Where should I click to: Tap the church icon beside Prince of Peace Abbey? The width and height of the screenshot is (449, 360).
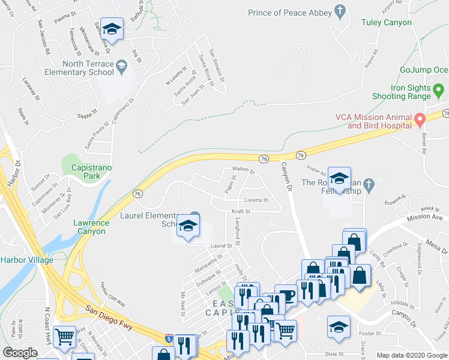pyautogui.click(x=340, y=11)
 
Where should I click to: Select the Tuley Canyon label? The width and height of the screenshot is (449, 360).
pyautogui.click(x=387, y=23)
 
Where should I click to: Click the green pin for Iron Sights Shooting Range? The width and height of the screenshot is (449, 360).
pyautogui.click(x=439, y=92)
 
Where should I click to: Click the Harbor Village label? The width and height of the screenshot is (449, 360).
pyautogui.click(x=26, y=260)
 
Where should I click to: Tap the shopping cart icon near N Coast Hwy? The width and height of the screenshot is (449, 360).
pyautogui.click(x=64, y=337)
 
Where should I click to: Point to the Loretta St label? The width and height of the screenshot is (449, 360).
pyautogui.click(x=256, y=200)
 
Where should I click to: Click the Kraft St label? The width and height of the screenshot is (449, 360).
pyautogui.click(x=241, y=211)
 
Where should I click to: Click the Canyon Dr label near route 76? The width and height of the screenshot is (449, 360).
pyautogui.click(x=285, y=178)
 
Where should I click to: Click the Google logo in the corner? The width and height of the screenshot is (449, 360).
pyautogui.click(x=20, y=353)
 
